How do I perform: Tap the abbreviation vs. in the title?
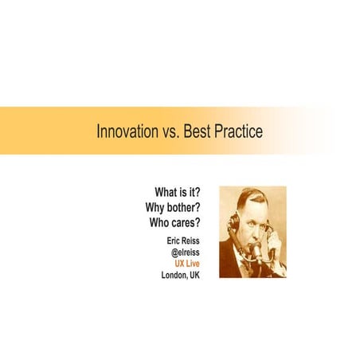(x=169, y=131)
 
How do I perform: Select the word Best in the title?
(x=198, y=131)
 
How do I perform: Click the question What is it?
(x=177, y=194)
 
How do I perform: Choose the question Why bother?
(x=172, y=208)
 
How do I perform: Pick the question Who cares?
(x=174, y=222)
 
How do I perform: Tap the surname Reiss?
(x=192, y=238)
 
